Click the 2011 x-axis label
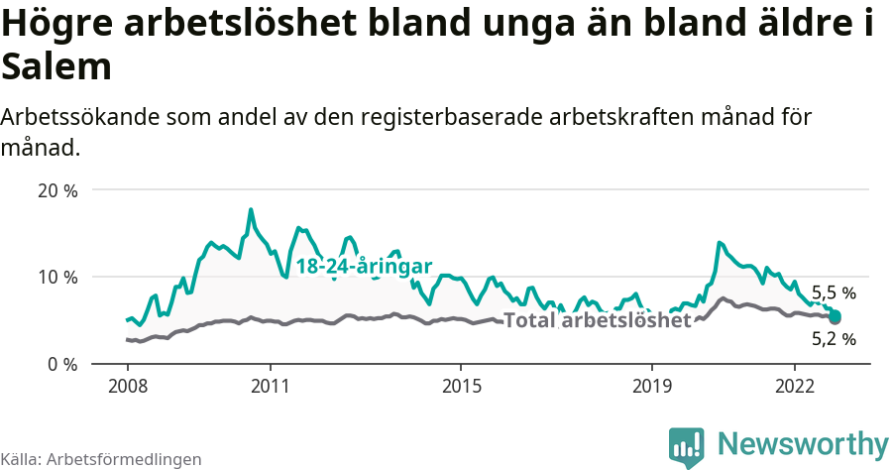click(271, 385)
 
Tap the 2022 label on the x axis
click(794, 385)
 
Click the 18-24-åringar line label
click(363, 267)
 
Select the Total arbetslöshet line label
click(597, 320)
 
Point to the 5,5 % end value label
click(834, 294)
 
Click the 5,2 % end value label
click(834, 339)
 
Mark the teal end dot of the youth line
click(835, 316)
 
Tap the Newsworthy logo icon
click(687, 447)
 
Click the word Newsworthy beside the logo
click(803, 443)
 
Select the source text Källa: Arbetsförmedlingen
click(101, 459)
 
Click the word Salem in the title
click(56, 68)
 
